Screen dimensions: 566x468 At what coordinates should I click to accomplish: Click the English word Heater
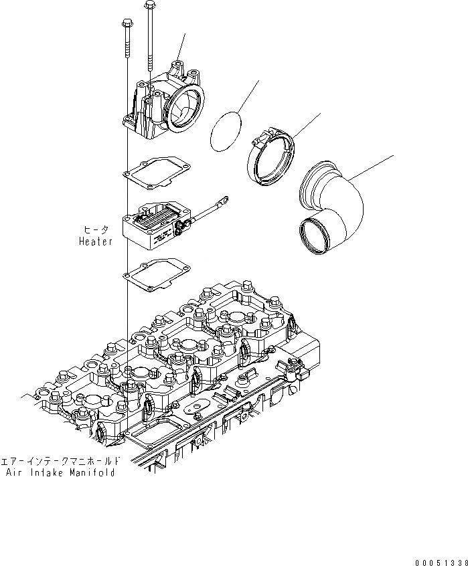pyautogui.click(x=96, y=241)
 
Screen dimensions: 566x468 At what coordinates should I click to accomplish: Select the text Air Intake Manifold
pyautogui.click(x=60, y=472)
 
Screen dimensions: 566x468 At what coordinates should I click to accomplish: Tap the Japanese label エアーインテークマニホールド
pyautogui.click(x=61, y=461)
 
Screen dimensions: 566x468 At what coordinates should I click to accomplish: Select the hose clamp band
pyautogui.click(x=272, y=159)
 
